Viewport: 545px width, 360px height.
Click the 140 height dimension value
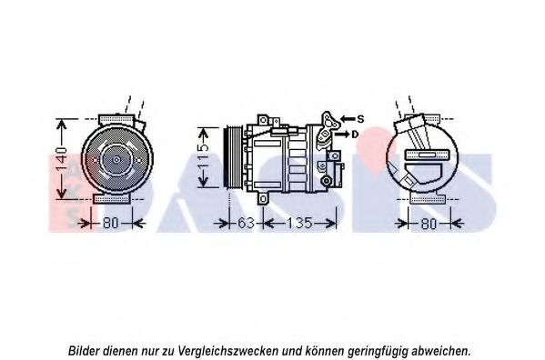(62, 159)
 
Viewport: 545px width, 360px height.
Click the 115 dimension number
(203, 156)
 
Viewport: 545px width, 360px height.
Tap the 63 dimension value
(246, 223)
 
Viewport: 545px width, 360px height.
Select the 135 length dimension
(299, 223)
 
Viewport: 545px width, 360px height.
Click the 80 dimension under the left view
(110, 223)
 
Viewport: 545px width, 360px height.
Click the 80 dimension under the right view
(429, 224)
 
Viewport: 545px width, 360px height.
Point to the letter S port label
(360, 119)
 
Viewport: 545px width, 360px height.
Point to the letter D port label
(355, 135)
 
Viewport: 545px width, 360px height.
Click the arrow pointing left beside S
(348, 119)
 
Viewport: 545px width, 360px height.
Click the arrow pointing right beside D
(342, 134)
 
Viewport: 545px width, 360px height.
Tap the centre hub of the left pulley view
(116, 160)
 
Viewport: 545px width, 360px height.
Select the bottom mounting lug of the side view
(263, 199)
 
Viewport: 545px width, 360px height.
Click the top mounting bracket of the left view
(116, 119)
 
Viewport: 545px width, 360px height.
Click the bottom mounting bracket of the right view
(428, 199)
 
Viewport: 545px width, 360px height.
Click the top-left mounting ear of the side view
(263, 120)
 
